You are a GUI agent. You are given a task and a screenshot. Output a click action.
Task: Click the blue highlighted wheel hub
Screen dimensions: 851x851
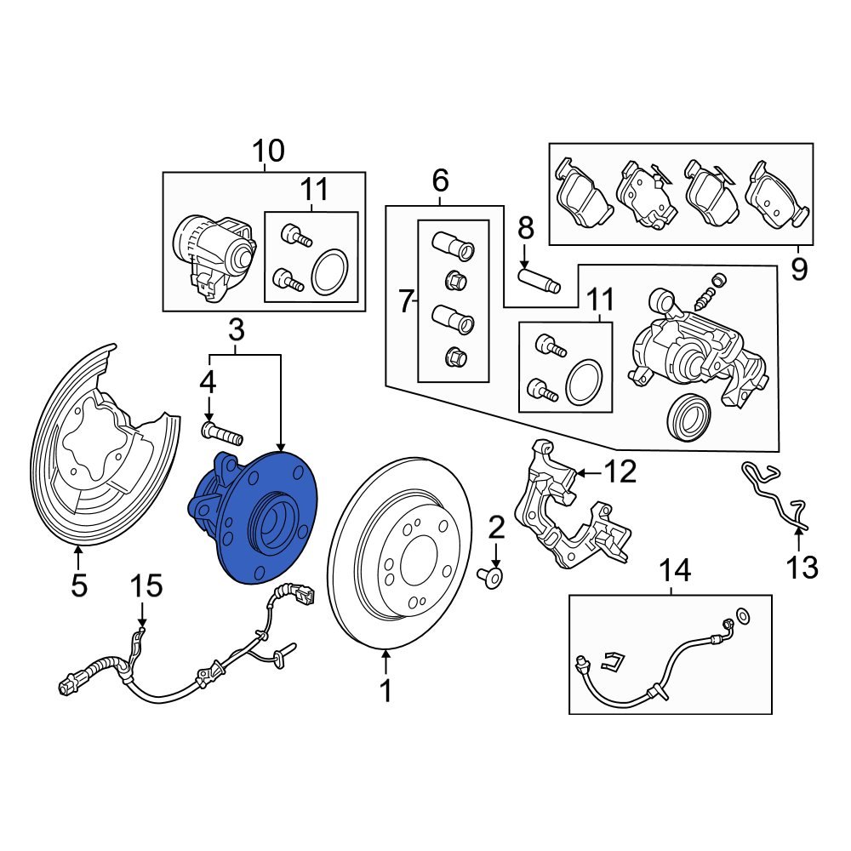click(255, 519)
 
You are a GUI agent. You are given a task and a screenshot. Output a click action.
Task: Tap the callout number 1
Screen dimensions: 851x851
click(386, 691)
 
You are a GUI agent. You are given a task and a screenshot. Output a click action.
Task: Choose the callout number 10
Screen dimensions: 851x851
click(268, 151)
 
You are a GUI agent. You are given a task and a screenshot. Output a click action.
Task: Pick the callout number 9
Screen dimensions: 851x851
click(798, 270)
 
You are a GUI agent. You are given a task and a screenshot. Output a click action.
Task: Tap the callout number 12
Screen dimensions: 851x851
click(620, 471)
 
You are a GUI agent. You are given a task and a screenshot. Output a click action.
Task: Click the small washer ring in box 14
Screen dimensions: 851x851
click(742, 614)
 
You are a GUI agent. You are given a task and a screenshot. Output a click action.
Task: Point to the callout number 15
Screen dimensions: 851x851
click(145, 585)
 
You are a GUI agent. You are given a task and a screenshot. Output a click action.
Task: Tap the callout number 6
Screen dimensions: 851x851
click(440, 180)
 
